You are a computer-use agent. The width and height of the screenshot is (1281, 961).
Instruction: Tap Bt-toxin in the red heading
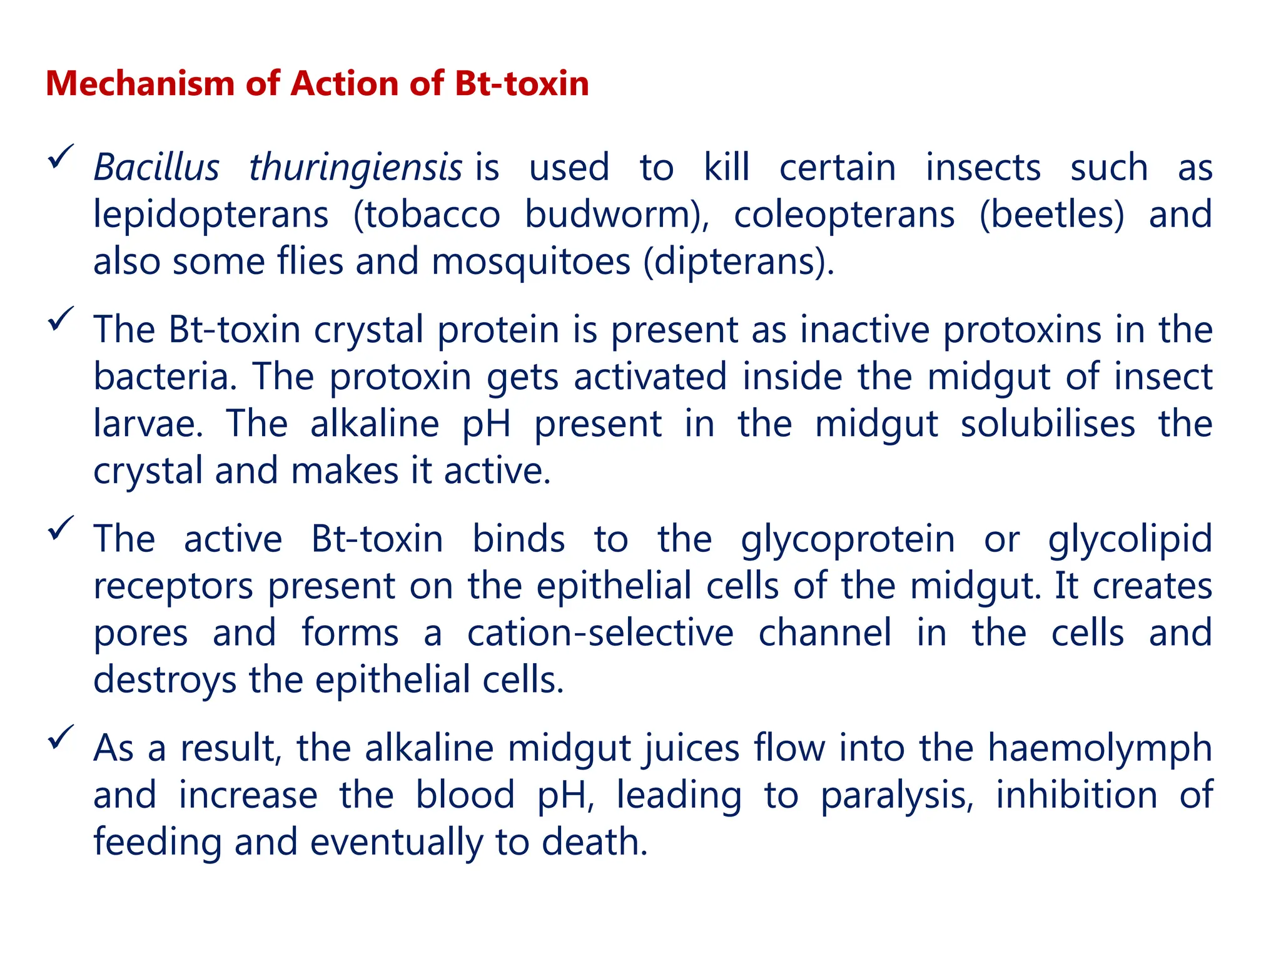click(x=522, y=83)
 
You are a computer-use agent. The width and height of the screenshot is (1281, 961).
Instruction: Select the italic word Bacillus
click(x=156, y=168)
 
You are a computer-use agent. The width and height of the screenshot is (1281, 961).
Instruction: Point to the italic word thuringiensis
click(x=355, y=168)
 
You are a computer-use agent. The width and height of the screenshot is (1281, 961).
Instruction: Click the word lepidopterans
click(x=211, y=215)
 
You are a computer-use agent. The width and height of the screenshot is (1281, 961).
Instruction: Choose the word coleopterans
click(x=844, y=215)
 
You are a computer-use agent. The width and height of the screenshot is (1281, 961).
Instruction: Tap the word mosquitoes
click(x=530, y=262)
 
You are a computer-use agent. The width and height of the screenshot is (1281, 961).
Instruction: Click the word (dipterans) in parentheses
click(x=738, y=262)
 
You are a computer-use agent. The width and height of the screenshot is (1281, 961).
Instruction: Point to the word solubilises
click(x=1048, y=424)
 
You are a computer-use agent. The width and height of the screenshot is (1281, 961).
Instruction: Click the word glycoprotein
click(x=848, y=539)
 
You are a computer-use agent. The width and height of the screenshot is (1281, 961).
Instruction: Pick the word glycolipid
click(x=1130, y=539)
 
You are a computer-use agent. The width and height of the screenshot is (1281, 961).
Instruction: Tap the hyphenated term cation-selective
click(x=600, y=633)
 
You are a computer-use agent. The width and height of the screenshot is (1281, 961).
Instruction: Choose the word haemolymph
click(x=1100, y=748)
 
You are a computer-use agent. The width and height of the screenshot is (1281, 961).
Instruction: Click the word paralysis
click(x=897, y=795)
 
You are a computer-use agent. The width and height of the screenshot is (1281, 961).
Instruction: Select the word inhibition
click(x=1076, y=795)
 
